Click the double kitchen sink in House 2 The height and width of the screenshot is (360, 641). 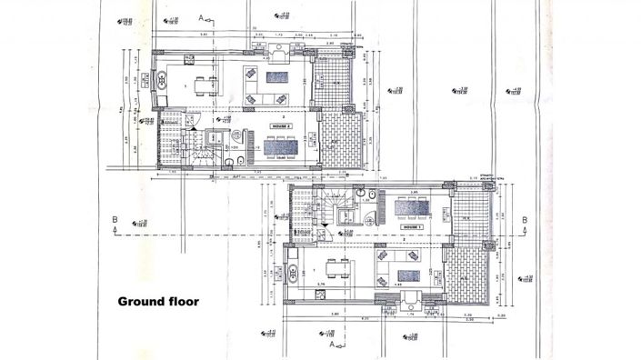click(x=162, y=86)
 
